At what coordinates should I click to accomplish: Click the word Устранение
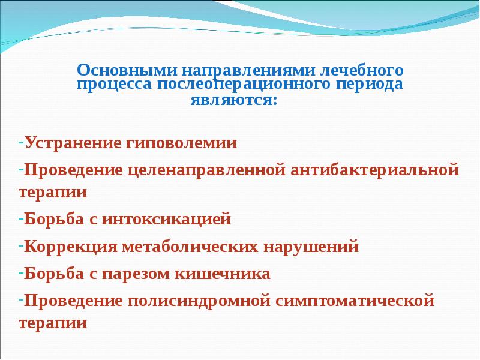(x=72, y=143)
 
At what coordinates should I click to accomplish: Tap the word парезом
(x=139, y=274)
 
